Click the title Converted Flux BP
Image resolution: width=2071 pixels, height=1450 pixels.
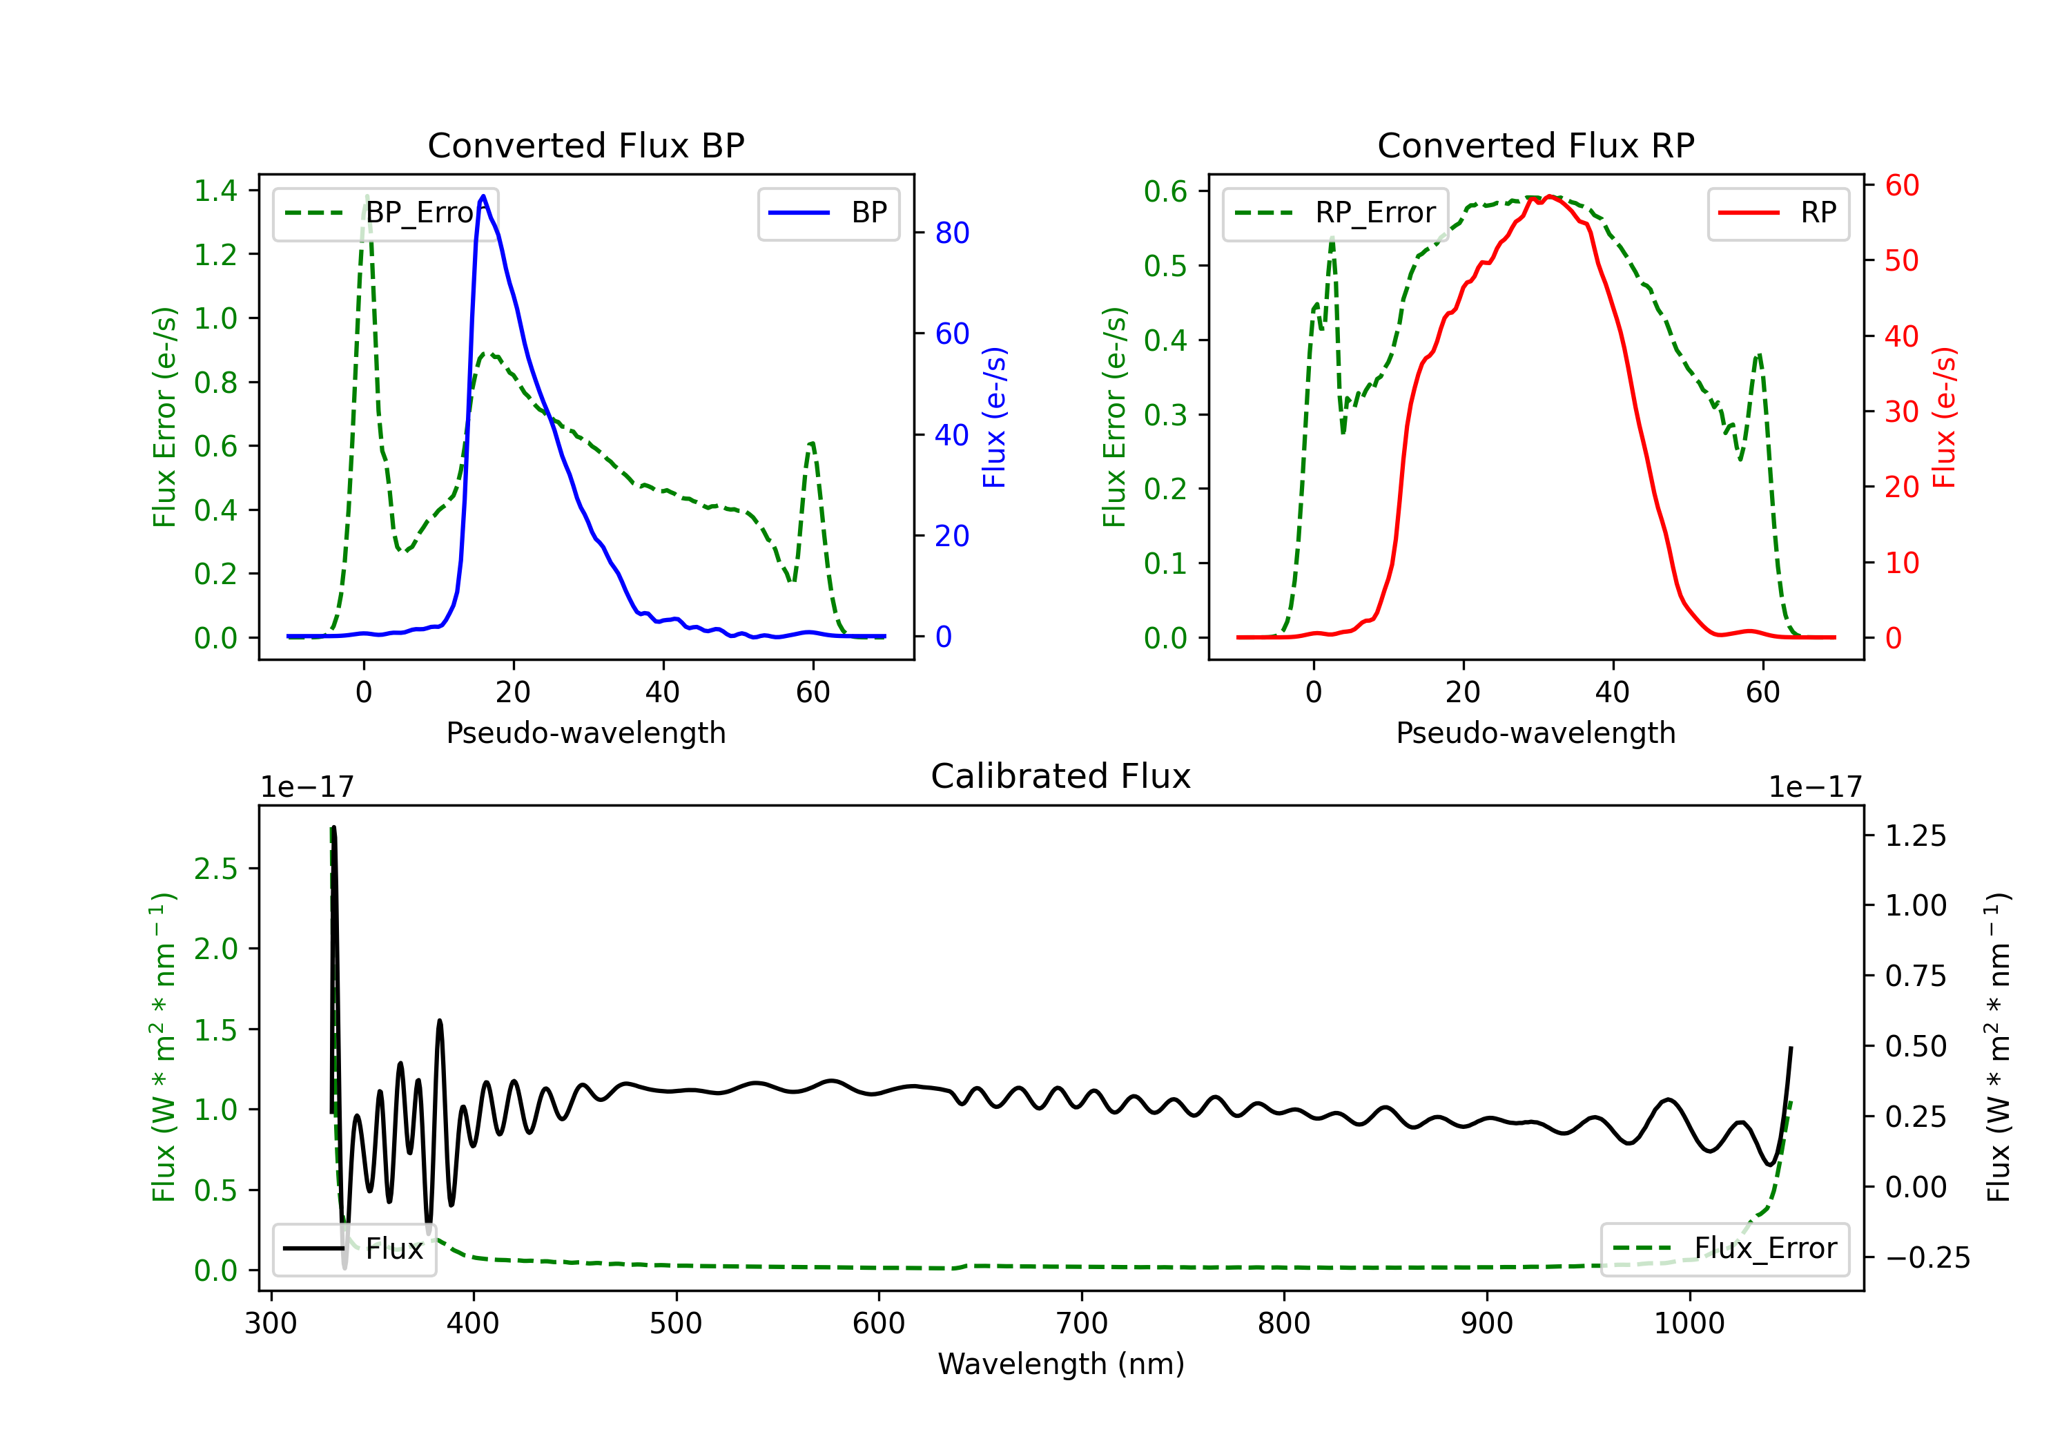pyautogui.click(x=585, y=145)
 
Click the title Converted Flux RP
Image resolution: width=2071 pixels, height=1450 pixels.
pyautogui.click(x=1535, y=145)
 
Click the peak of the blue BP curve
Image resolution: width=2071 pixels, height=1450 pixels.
pyautogui.click(x=483, y=196)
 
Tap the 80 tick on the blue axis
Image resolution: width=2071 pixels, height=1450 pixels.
pyautogui.click(x=951, y=233)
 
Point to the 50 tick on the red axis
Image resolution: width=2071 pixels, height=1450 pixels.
pyautogui.click(x=1901, y=261)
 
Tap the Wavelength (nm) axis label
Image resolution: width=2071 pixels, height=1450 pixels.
pyautogui.click(x=1061, y=1364)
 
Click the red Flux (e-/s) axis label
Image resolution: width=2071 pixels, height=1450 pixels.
pyautogui.click(x=1944, y=417)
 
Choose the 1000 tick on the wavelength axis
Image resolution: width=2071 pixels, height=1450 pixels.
pyautogui.click(x=1689, y=1323)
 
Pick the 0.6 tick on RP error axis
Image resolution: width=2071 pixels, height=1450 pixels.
pyautogui.click(x=1165, y=191)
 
